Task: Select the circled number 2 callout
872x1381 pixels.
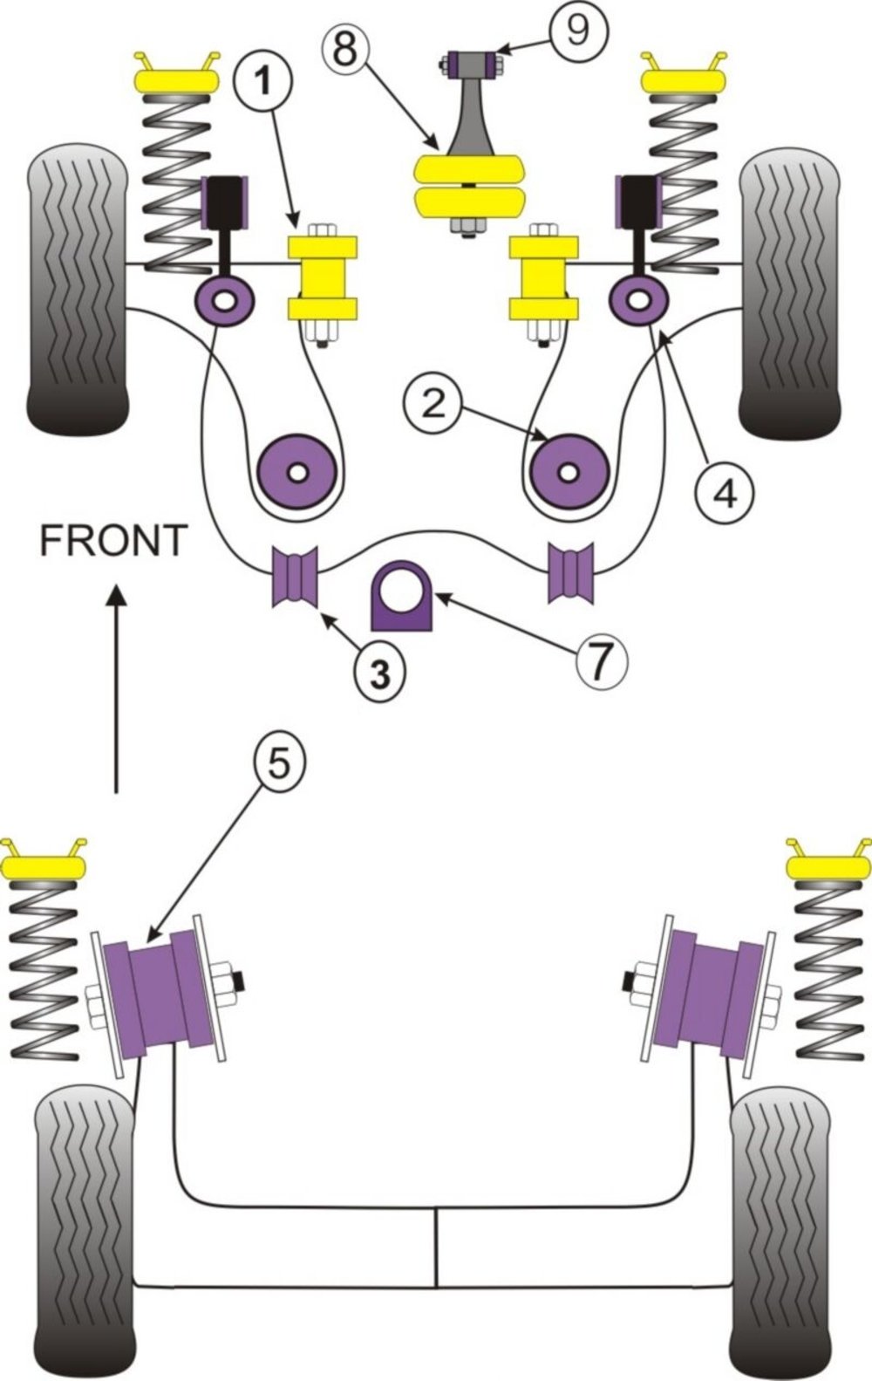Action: pyautogui.click(x=434, y=402)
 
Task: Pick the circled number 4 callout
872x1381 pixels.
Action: pyautogui.click(x=725, y=494)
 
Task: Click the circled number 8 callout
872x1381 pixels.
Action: pyautogui.click(x=345, y=49)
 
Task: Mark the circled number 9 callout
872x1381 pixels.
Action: pyautogui.click(x=578, y=29)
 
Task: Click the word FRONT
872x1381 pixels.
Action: pyautogui.click(x=112, y=540)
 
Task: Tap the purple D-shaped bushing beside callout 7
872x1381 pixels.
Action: pyautogui.click(x=402, y=596)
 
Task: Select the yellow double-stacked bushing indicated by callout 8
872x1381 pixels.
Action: pyautogui.click(x=468, y=186)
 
